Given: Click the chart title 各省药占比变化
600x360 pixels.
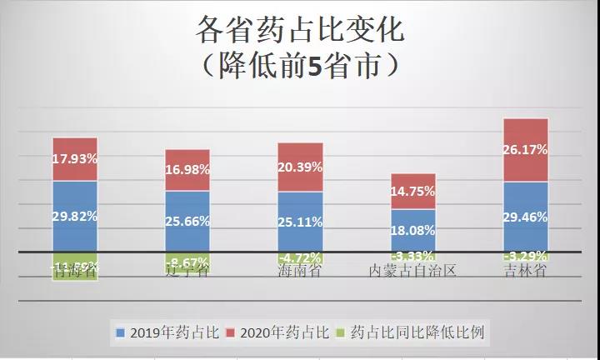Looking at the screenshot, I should point(299,31).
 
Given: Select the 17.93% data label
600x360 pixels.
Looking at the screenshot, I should point(75,157).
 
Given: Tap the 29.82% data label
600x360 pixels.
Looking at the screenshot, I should point(75,216).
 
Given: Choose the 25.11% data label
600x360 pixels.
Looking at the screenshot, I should point(300,222).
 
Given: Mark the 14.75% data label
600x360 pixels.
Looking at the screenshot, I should point(413,191).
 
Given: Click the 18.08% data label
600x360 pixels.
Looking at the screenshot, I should point(413,229).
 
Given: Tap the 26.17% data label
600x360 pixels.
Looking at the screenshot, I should point(526,150).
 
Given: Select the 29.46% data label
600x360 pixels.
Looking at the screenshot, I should point(526,216).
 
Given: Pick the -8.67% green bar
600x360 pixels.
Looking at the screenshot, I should point(187,262).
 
